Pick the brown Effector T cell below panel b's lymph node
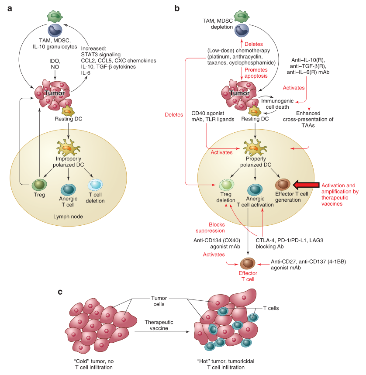pyautogui.click(x=249, y=263)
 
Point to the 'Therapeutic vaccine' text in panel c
pyautogui.click(x=160, y=325)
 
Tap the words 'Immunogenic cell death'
pyautogui.click(x=280, y=104)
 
